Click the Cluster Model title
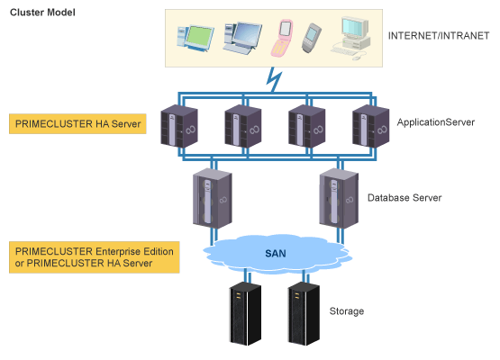(x=42, y=13)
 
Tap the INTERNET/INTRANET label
(x=439, y=36)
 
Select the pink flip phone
(x=282, y=38)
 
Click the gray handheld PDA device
(x=311, y=38)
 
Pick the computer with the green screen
(x=195, y=38)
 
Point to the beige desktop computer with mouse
(x=350, y=38)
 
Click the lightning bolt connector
(x=274, y=79)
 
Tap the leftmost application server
(x=179, y=127)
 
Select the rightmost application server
(x=370, y=127)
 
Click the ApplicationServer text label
(x=436, y=122)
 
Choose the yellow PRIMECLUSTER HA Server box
(x=77, y=123)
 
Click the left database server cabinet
(x=213, y=198)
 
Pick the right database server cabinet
(x=339, y=198)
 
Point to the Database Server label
(x=405, y=198)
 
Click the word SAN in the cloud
(x=276, y=254)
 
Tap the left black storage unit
(x=245, y=313)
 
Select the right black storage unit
(x=304, y=313)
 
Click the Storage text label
(x=347, y=311)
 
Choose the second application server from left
(x=243, y=127)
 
